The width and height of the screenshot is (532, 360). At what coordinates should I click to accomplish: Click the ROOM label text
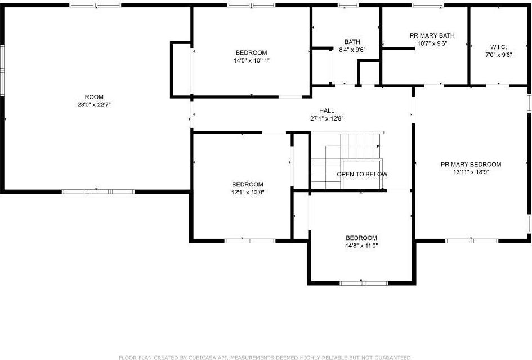pyautogui.click(x=94, y=97)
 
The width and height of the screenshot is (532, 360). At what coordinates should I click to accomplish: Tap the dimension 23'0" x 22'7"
pyautogui.click(x=94, y=104)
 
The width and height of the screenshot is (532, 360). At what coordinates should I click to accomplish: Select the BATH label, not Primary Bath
pyautogui.click(x=352, y=42)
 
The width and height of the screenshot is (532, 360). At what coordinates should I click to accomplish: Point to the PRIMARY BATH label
pyautogui.click(x=432, y=35)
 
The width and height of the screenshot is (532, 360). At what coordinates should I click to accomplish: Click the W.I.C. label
pyautogui.click(x=499, y=47)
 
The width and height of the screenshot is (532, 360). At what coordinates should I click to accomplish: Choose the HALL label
pyautogui.click(x=327, y=111)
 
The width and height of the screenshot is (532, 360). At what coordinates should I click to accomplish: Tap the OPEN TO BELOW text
pyautogui.click(x=362, y=174)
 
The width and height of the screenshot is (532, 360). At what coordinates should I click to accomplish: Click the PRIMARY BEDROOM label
pyautogui.click(x=471, y=165)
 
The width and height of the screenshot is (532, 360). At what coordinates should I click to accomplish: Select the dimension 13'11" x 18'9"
pyautogui.click(x=471, y=172)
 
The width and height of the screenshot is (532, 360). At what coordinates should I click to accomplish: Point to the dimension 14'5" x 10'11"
pyautogui.click(x=252, y=60)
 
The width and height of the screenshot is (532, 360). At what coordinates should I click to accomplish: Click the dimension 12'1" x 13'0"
pyautogui.click(x=247, y=192)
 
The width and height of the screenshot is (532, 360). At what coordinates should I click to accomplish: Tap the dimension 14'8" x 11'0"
pyautogui.click(x=361, y=245)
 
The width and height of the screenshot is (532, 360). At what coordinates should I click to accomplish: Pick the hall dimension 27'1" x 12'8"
pyautogui.click(x=327, y=118)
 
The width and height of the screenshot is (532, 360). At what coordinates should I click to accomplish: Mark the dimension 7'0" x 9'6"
pyautogui.click(x=499, y=55)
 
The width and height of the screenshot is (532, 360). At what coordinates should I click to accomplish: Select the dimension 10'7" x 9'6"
pyautogui.click(x=432, y=43)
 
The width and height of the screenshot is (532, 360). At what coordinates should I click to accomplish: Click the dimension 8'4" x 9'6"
pyautogui.click(x=352, y=49)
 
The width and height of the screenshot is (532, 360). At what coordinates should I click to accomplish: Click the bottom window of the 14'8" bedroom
pyautogui.click(x=364, y=282)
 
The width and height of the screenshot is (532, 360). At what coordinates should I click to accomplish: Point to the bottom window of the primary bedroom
pyautogui.click(x=472, y=241)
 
